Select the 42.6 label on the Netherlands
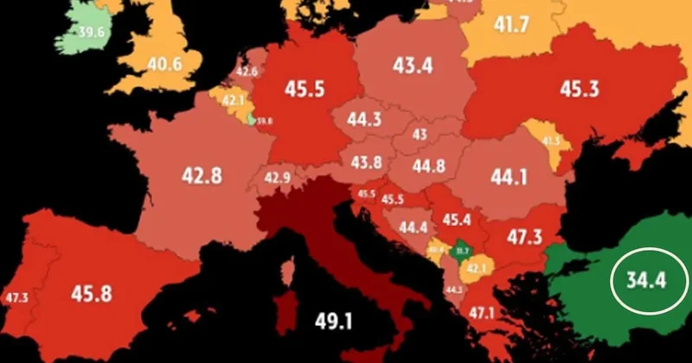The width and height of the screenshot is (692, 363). tap(247, 72)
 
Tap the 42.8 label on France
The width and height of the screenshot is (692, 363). tap(202, 175)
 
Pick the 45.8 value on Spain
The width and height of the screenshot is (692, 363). tap(92, 293)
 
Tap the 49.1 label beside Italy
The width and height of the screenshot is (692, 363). tap(333, 322)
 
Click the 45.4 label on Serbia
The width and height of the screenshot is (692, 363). tap(455, 220)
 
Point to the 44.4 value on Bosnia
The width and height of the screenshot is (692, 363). tap(413, 228)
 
